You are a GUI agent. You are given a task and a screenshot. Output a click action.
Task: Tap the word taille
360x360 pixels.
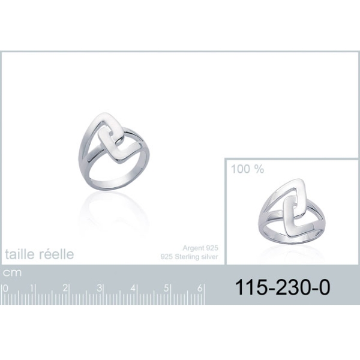(20, 254)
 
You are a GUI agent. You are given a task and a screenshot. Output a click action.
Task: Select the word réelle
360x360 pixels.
(56, 254)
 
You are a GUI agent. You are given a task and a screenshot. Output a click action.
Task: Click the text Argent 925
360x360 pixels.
(200, 248)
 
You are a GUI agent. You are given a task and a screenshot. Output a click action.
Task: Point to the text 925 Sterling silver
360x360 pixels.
(190, 257)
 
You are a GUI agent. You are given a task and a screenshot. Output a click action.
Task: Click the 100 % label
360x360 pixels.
(247, 169)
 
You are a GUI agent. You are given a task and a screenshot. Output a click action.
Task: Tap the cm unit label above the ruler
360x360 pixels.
(12, 273)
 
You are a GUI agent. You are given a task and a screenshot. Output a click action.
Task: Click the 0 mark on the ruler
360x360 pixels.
(5, 289)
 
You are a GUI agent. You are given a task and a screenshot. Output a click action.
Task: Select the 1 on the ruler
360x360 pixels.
(32, 289)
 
